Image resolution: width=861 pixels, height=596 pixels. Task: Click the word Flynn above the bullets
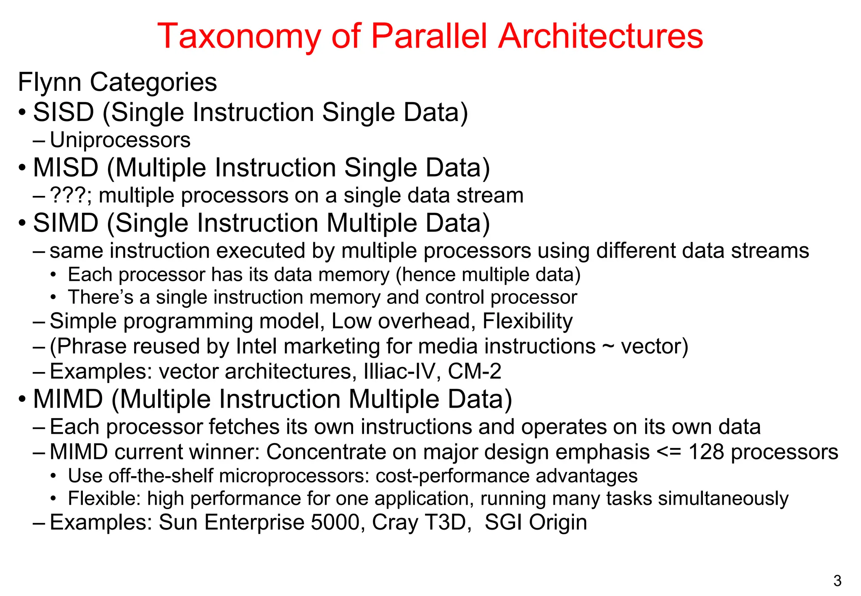(x=50, y=82)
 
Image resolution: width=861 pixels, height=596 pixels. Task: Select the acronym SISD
(x=63, y=112)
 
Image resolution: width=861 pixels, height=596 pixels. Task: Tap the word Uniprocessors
(x=120, y=140)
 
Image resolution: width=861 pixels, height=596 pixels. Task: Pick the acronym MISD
(x=66, y=167)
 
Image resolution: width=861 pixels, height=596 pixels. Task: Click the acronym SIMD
(x=66, y=223)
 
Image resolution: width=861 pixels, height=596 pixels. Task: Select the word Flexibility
(x=527, y=321)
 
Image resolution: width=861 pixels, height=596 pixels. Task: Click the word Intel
(x=256, y=346)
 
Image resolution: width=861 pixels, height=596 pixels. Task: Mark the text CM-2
(x=474, y=372)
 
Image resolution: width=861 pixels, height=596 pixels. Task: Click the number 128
(x=706, y=452)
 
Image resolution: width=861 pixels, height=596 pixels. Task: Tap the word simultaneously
(x=723, y=499)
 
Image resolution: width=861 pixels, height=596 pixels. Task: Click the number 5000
(x=337, y=522)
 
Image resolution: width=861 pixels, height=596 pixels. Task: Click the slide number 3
(x=837, y=581)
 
